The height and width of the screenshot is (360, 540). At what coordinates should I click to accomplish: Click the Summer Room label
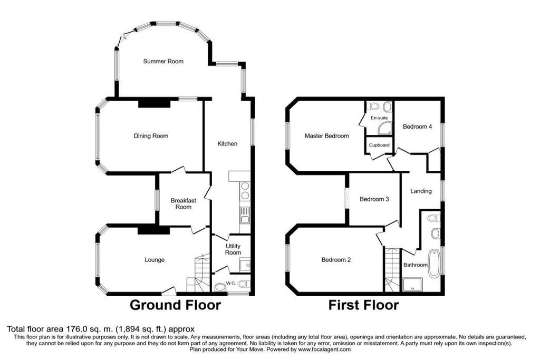[x=163, y=61]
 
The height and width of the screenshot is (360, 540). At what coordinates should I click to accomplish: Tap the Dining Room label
[x=151, y=136]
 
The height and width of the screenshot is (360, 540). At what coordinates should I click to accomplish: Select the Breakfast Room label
[x=183, y=204]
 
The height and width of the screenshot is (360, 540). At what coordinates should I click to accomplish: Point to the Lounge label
[x=155, y=260]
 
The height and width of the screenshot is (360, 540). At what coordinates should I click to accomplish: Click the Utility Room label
[x=233, y=249]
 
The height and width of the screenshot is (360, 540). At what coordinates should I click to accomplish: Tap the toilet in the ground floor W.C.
[x=244, y=284]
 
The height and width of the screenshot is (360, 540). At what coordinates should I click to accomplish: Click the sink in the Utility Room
[x=245, y=265]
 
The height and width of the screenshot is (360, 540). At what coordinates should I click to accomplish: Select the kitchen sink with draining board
[x=245, y=216]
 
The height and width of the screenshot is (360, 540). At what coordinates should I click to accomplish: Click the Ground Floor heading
[x=175, y=305]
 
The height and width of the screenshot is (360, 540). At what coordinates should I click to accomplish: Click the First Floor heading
[x=363, y=305]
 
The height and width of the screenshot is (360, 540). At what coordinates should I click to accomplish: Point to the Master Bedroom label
[x=326, y=136]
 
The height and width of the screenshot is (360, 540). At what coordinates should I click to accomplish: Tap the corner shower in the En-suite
[x=385, y=128]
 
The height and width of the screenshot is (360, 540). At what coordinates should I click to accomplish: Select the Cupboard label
[x=379, y=145]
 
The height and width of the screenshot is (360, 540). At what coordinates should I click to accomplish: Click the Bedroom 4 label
[x=417, y=127]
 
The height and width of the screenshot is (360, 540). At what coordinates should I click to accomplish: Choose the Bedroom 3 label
[x=374, y=199]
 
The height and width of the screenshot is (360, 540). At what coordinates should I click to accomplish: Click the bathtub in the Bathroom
[x=434, y=263]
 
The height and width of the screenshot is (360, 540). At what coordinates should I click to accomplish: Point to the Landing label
[x=421, y=191]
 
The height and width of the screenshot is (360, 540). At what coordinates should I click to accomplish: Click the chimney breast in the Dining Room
[x=155, y=104]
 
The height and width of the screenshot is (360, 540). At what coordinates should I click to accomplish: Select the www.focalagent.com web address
[x=324, y=349]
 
